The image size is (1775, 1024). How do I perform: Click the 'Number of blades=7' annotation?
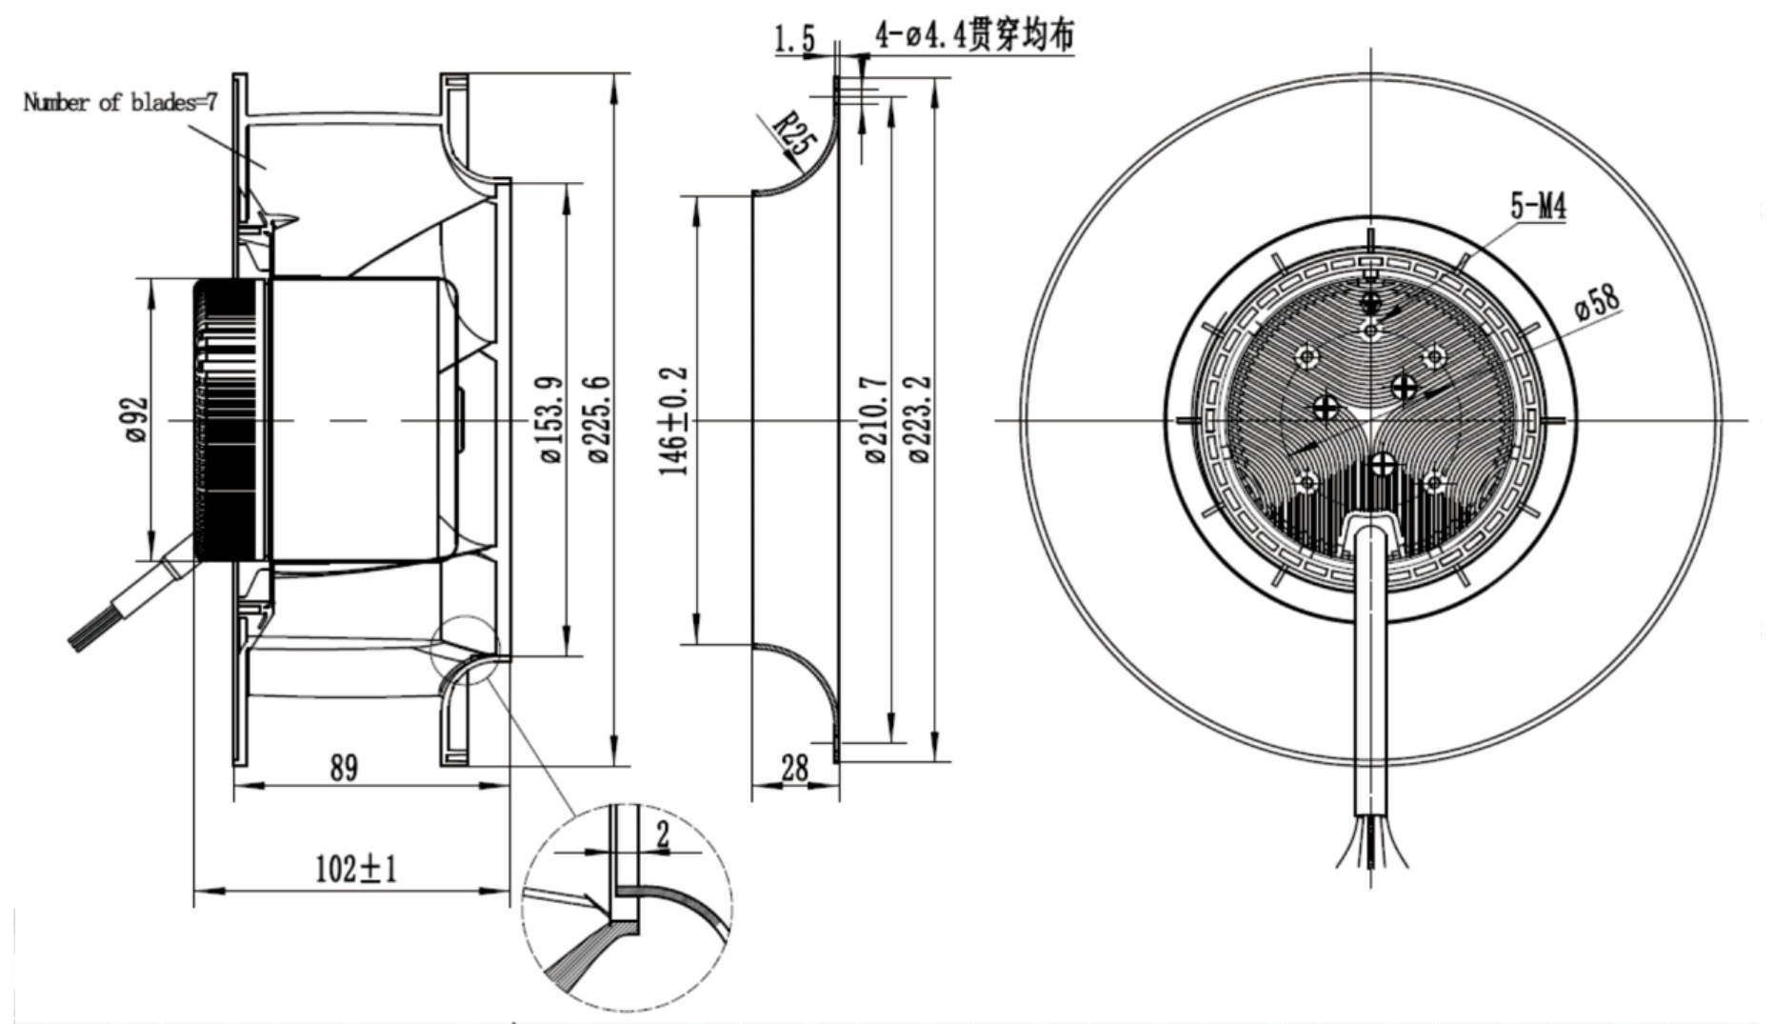(x=120, y=102)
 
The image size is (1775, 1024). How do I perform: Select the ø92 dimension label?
(x=138, y=419)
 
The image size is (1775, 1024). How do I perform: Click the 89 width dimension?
(x=344, y=768)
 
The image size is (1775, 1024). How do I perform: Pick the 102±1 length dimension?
(x=356, y=869)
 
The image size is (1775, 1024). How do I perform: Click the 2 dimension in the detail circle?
(x=663, y=836)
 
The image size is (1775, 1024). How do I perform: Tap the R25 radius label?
(x=793, y=134)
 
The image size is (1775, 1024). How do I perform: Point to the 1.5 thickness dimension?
(x=794, y=39)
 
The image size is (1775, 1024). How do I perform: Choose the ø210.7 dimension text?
(x=876, y=420)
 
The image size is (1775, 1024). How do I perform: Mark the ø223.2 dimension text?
(x=920, y=420)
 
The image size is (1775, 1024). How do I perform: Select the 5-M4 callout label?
(x=1538, y=206)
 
